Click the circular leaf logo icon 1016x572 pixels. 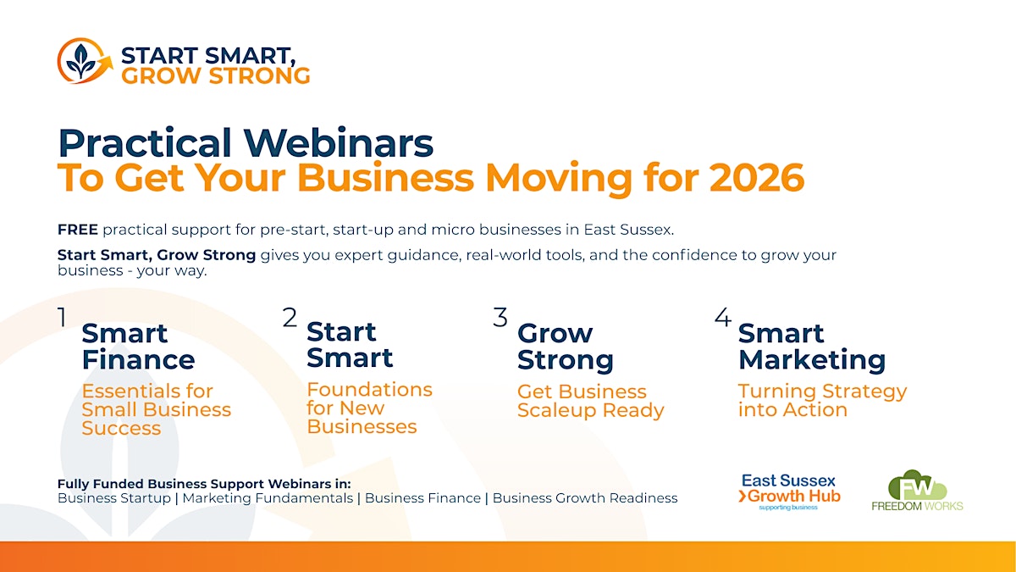[85, 61]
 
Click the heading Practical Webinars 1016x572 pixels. [246, 142]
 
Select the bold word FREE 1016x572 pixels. [78, 230]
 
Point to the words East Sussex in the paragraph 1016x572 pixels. [628, 230]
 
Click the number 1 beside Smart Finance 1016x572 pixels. [62, 317]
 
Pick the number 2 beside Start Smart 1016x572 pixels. [290, 317]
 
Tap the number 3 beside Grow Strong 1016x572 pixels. [500, 317]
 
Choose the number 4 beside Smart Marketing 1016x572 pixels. [723, 317]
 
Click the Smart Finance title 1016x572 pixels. [138, 347]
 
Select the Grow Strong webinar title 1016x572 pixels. [566, 347]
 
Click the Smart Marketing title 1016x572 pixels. [812, 347]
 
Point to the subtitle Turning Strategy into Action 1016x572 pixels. [822, 400]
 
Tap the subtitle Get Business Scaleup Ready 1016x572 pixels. [591, 401]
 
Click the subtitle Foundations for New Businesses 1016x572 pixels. [369, 408]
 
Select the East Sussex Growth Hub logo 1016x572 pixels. [789, 492]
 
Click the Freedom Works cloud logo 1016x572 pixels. [917, 491]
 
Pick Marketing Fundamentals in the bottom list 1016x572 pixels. [268, 498]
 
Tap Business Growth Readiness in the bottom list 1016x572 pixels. [585, 498]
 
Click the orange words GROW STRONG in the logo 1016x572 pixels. [215, 75]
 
